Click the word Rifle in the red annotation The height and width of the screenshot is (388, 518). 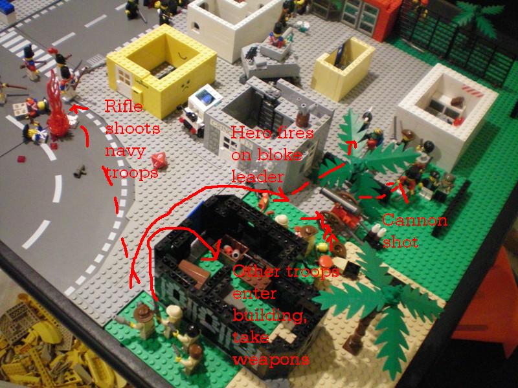(x=124, y=106)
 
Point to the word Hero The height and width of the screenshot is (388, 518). (x=247, y=133)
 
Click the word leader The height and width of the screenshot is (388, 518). (x=257, y=177)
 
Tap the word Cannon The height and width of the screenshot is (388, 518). (x=415, y=220)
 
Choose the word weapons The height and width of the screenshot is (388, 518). (x=271, y=360)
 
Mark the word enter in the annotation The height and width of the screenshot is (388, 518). (x=254, y=294)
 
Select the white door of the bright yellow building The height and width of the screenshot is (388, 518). (x=124, y=81)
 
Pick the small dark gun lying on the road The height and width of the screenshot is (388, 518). (x=80, y=171)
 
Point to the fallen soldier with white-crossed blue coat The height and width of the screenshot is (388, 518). (x=35, y=132)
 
